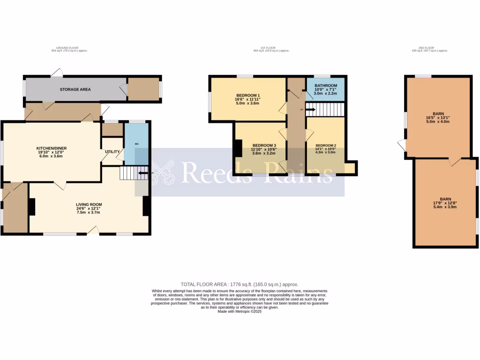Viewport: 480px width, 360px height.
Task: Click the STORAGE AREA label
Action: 75,89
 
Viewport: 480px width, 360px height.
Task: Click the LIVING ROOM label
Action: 89,204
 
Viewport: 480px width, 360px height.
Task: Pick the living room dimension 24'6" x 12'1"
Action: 89,209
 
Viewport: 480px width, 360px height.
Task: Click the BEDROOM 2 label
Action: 326,145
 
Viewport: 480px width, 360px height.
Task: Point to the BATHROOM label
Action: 326,85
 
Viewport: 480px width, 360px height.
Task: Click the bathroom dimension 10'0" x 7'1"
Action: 326,90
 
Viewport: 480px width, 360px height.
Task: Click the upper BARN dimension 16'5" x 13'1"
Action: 438,118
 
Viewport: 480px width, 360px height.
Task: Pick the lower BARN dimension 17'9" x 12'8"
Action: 445,203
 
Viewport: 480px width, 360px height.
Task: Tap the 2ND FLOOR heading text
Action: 426,48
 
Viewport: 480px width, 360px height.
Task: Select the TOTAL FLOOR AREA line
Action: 240,285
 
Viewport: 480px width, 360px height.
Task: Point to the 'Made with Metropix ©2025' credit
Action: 240,311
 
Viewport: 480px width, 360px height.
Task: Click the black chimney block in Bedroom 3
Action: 239,148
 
